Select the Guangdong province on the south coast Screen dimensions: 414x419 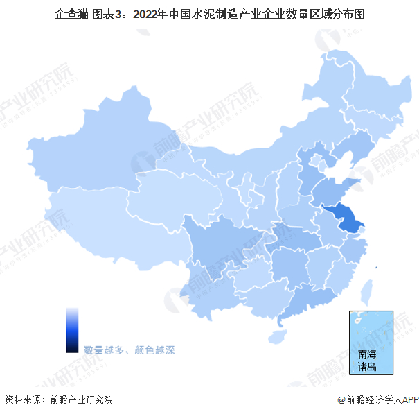click(x=308, y=298)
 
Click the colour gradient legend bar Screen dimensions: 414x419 click(x=72, y=330)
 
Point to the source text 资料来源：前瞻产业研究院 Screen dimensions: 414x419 click(x=58, y=399)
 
